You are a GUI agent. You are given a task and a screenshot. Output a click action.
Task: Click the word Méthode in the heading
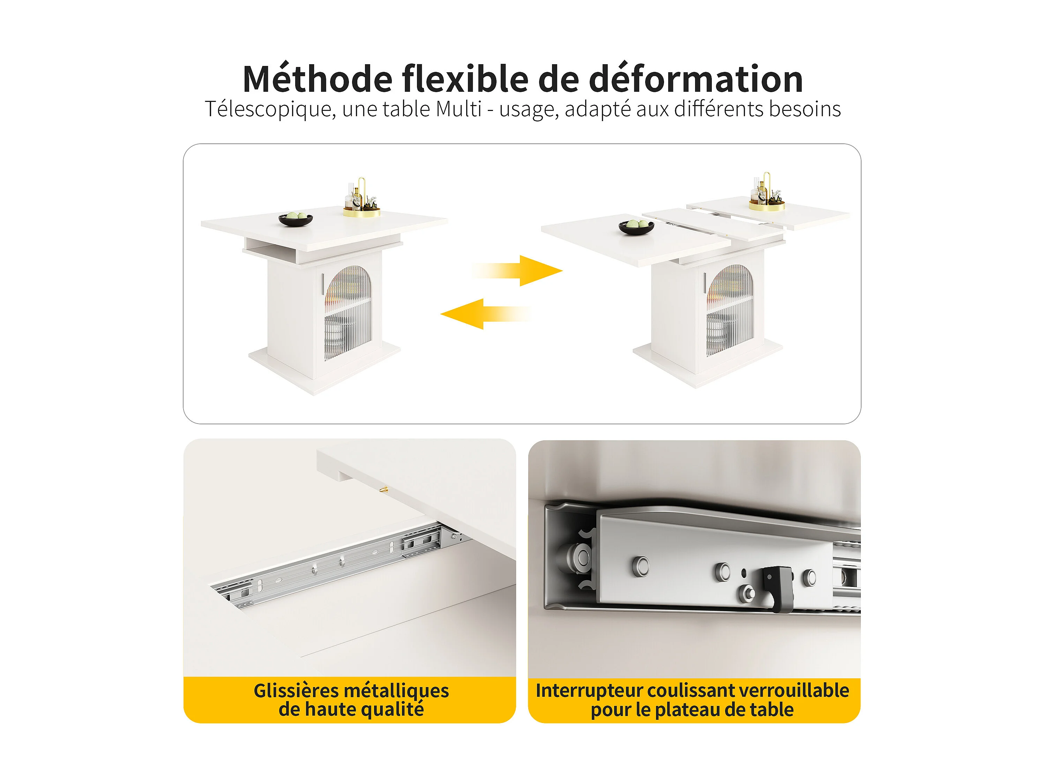tap(317, 79)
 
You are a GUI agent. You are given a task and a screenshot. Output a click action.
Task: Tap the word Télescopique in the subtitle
tap(270, 110)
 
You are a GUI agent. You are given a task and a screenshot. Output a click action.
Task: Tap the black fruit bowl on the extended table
tap(636, 227)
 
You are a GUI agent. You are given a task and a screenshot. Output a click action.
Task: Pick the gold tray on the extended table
tap(767, 206)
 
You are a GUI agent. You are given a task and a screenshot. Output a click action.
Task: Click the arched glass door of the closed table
tap(348, 313)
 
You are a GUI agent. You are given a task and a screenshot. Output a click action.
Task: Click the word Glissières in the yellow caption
tap(296, 691)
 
